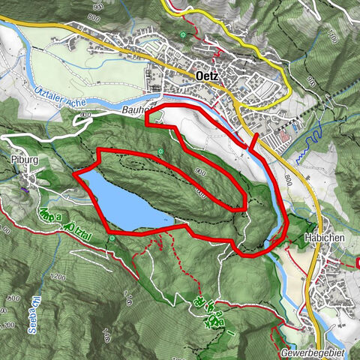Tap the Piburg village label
point(25,160)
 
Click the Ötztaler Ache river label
point(61,96)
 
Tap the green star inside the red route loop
point(160,153)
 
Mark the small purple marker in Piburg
point(24,189)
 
